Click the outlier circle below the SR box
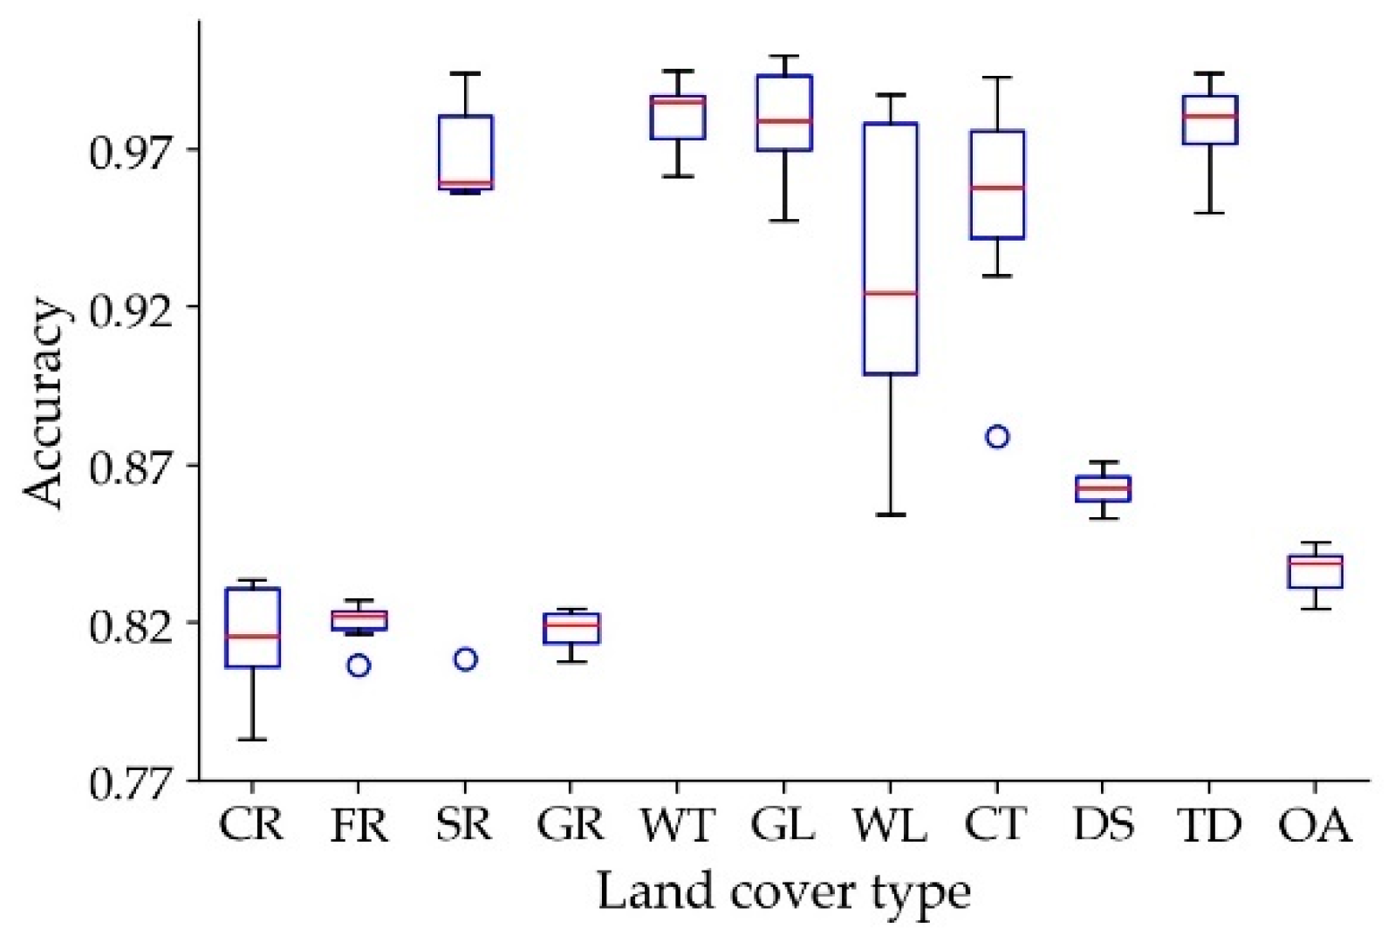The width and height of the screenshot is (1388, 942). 465,659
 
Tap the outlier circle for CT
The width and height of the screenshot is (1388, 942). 997,437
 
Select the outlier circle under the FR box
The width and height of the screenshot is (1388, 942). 359,666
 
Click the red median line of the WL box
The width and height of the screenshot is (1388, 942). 890,293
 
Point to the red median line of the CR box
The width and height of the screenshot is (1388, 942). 252,637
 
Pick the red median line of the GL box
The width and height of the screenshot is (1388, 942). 784,120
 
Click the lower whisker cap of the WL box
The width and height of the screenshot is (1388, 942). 890,515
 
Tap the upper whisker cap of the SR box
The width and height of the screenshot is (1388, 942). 465,73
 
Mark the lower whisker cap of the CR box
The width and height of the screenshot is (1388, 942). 252,740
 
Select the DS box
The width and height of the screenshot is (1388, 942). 1104,488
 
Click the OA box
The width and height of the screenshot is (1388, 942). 1316,572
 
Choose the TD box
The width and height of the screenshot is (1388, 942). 1210,120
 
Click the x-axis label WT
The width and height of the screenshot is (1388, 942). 677,825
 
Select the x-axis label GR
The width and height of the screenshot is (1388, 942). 571,825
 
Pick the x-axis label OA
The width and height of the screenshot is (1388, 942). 1316,825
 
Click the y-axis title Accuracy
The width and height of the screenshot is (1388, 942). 44,405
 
